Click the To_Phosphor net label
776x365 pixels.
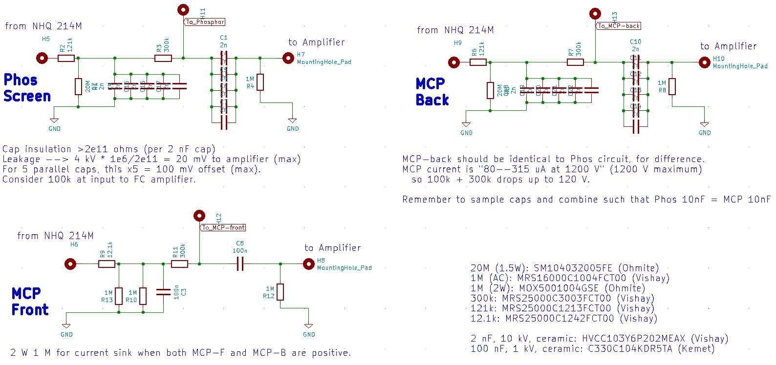[205, 22]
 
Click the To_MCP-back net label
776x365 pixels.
[619, 26]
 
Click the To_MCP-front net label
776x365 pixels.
[224, 228]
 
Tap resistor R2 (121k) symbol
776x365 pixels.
[66, 58]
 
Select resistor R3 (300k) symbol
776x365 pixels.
[163, 58]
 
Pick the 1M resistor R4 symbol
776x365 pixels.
[260, 82]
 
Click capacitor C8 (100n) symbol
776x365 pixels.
[240, 264]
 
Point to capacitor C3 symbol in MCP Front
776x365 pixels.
[163, 292]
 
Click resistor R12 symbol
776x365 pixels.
[280, 292]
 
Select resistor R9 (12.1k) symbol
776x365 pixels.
[107, 264]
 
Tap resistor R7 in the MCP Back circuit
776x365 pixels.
[575, 62]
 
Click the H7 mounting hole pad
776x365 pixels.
[288, 58]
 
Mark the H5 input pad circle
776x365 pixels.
[43, 58]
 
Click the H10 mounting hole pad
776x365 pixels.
[704, 62]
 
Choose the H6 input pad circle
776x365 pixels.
[70, 264]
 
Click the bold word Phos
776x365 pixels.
[21, 80]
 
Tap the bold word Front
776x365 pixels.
[30, 310]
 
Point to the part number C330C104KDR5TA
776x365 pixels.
[630, 349]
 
